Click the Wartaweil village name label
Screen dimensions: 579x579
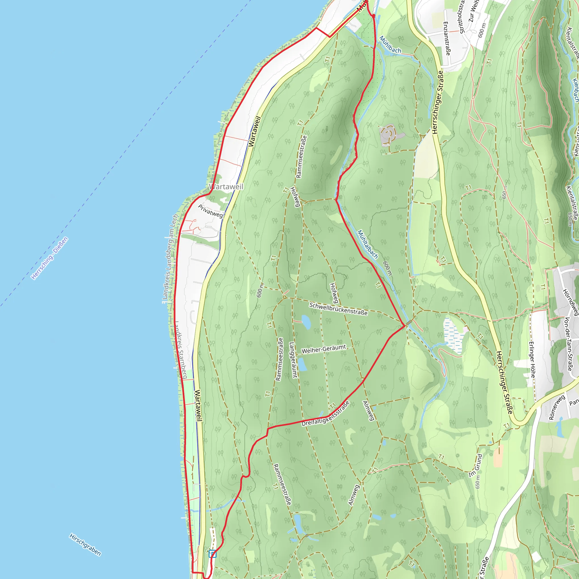(226, 187)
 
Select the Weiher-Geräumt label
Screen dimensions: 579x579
(324, 349)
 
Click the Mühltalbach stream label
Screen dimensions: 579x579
(368, 244)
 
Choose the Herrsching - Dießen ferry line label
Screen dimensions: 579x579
(50, 258)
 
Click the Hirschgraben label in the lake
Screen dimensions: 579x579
(85, 544)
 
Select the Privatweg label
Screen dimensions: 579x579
(210, 211)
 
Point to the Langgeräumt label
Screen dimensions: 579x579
(293, 360)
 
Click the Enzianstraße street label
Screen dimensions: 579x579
(447, 38)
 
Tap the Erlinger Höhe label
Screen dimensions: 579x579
(532, 360)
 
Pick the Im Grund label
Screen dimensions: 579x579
(476, 465)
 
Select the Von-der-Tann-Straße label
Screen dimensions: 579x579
(568, 344)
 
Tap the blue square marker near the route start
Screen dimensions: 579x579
(213, 554)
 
